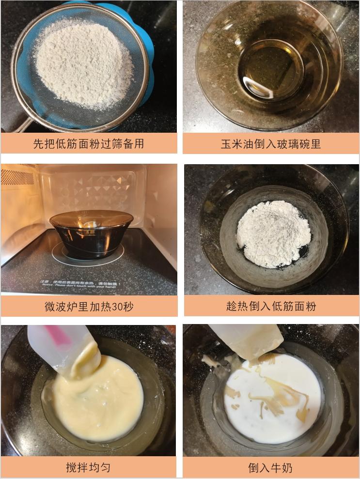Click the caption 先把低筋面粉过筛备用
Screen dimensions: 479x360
88,144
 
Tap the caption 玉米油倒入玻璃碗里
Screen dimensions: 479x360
270,144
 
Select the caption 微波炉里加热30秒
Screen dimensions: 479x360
88,306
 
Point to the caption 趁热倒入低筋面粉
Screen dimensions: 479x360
271,306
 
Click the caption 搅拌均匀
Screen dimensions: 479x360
88,467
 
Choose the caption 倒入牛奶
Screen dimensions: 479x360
271,467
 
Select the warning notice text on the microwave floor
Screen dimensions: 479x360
90,282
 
